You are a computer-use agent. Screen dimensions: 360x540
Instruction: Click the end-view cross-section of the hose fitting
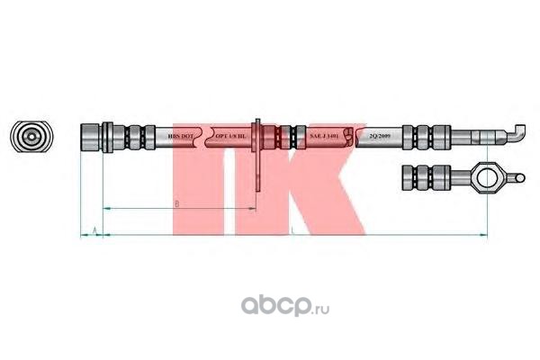click(x=30, y=138)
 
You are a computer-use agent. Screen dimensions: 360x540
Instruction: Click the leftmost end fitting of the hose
click(x=92, y=138)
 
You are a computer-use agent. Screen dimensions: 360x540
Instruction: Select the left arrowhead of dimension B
click(x=105, y=209)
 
